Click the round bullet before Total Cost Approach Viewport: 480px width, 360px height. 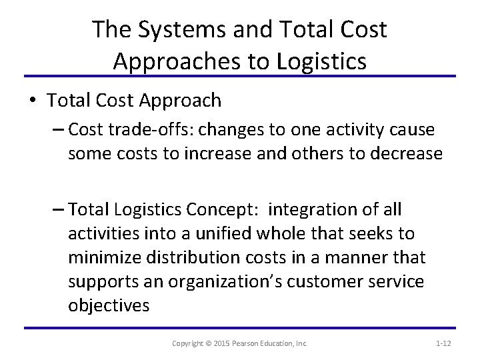(x=33, y=101)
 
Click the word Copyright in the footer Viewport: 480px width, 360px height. (x=188, y=343)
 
